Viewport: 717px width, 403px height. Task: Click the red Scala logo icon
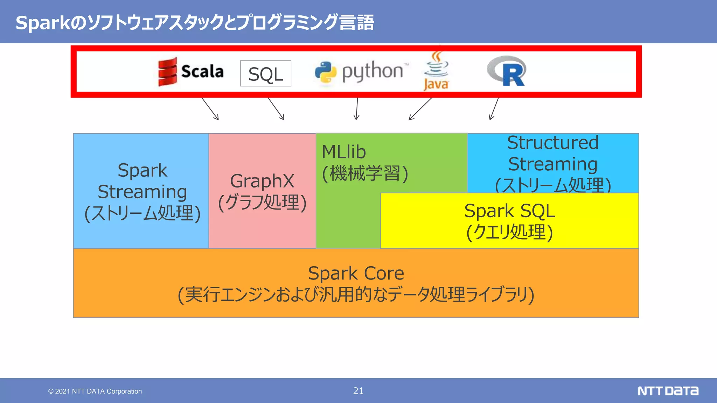(167, 72)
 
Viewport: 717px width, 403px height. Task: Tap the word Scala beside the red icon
(202, 71)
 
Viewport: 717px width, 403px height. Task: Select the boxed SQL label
(265, 73)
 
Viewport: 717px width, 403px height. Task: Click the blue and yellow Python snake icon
(325, 72)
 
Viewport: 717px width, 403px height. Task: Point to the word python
(373, 71)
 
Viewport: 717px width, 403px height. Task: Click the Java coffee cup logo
(436, 70)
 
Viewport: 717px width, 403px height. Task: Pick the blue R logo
(507, 71)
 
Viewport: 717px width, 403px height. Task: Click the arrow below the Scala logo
(210, 109)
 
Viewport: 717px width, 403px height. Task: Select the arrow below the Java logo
(420, 109)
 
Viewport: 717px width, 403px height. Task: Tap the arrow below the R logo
(494, 109)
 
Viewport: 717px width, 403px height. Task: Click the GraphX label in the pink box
(262, 181)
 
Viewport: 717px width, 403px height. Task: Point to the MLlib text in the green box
(344, 152)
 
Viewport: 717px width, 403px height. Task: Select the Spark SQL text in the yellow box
(509, 211)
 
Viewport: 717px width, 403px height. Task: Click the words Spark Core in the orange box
(356, 273)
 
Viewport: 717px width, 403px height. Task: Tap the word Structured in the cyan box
(553, 142)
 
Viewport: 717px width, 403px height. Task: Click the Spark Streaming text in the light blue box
(142, 181)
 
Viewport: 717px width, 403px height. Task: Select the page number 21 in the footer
(358, 391)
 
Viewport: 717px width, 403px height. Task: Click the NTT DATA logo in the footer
(668, 391)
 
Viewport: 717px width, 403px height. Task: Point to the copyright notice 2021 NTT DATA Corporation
(95, 391)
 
